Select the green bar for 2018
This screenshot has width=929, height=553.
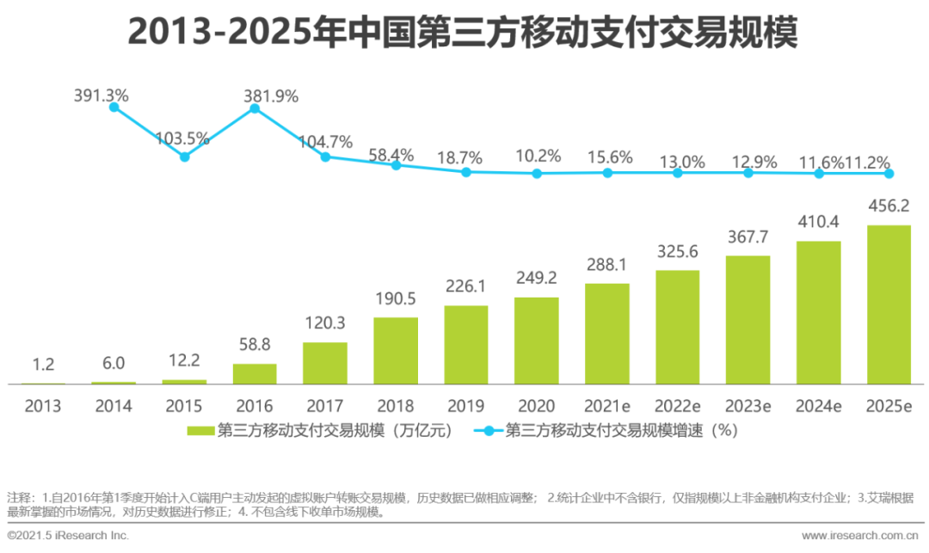396,350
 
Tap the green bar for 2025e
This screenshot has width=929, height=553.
889,304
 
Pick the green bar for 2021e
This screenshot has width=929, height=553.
606,333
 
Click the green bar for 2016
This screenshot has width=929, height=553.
255,373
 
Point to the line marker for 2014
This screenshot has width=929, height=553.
114,106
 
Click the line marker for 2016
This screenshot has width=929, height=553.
255,108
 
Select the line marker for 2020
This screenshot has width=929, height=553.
537,173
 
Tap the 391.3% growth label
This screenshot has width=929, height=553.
101,95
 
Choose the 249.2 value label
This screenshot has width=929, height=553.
537,279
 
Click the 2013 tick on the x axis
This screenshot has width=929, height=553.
43,406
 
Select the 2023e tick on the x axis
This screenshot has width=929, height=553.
748,406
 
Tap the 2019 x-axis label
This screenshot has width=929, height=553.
465,406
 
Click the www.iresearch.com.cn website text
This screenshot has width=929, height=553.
861,536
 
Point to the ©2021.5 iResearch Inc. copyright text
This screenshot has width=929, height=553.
68,536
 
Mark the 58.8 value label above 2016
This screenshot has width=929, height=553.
255,345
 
